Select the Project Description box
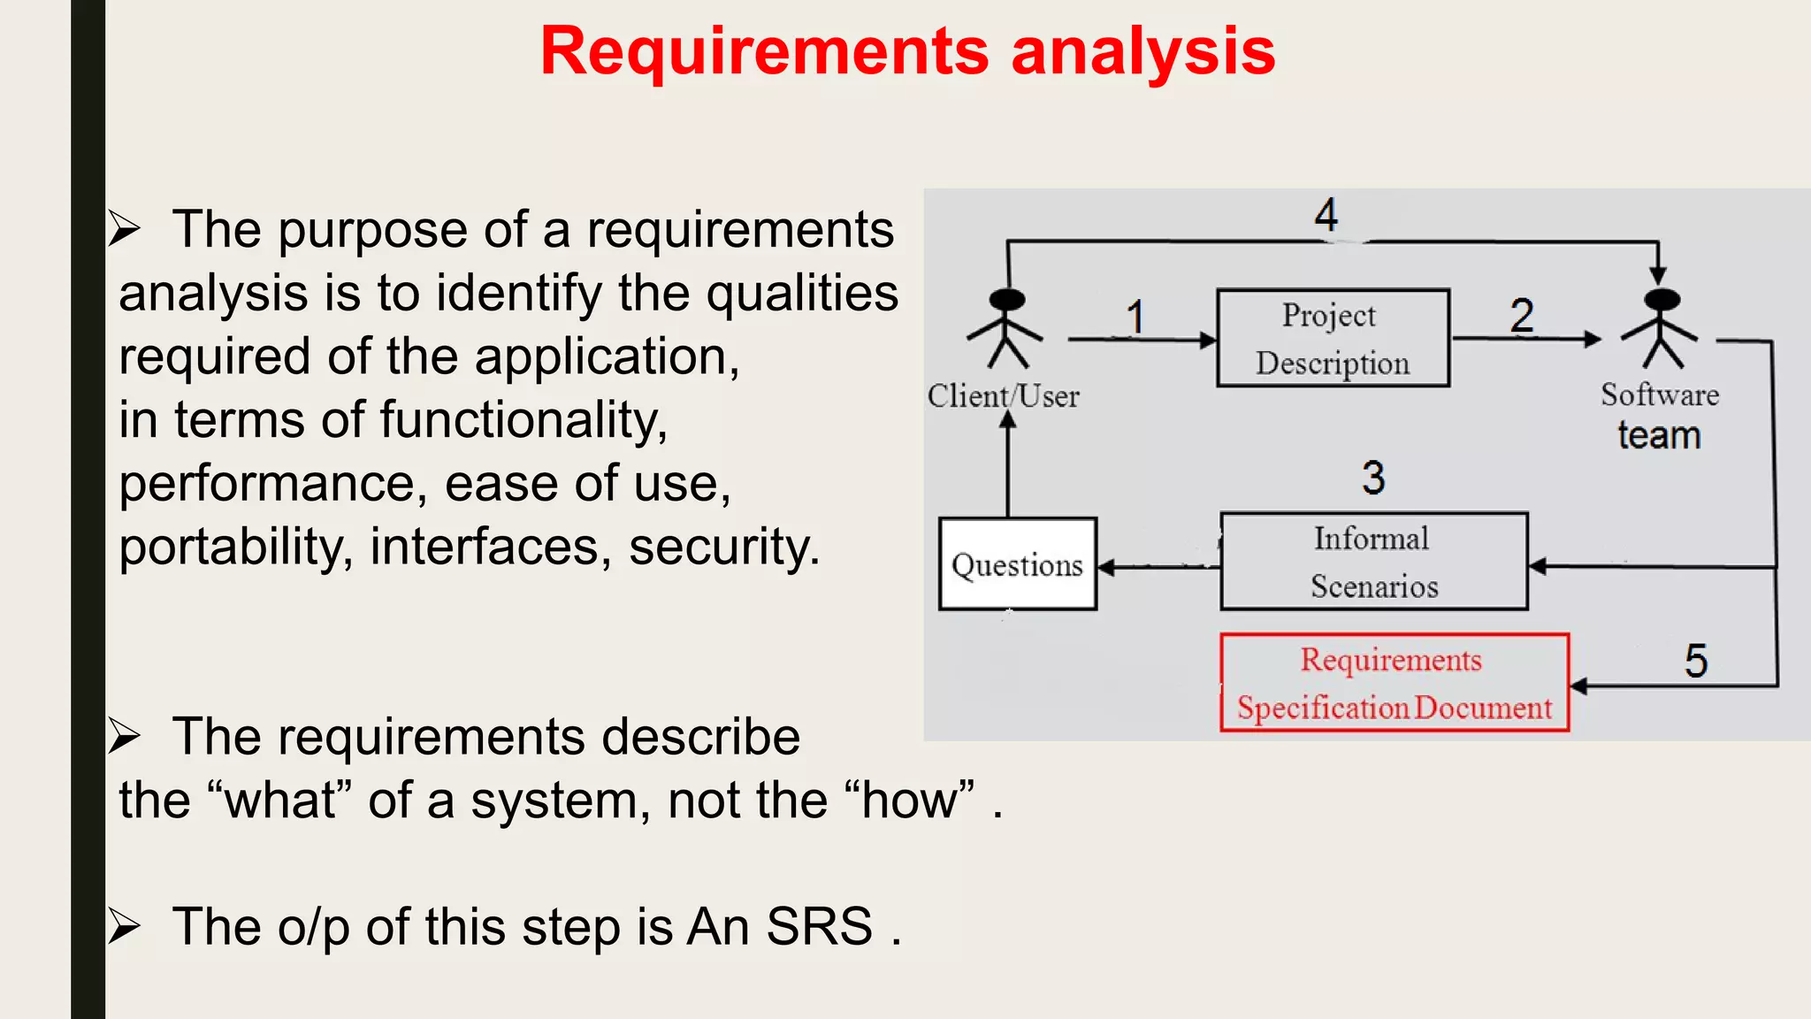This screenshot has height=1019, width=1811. [1333, 338]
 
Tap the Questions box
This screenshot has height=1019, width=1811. [1018, 564]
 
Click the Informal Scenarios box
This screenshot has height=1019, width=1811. [1373, 562]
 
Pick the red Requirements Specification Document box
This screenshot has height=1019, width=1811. [1395, 683]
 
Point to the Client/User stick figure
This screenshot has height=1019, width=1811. [1006, 327]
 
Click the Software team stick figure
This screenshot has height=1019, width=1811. [1661, 327]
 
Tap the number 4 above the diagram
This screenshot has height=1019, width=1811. [1326, 215]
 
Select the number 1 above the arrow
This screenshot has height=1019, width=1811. [1135, 317]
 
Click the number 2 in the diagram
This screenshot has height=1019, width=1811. [1521, 316]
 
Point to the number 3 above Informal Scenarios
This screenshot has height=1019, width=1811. [1373, 478]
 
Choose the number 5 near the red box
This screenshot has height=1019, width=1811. [1695, 662]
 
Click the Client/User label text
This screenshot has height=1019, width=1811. [1004, 395]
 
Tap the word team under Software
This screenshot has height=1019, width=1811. [1659, 435]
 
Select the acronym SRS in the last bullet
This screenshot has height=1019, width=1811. [819, 927]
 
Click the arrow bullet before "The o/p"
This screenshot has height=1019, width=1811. [125, 926]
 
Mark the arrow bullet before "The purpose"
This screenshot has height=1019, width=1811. [125, 229]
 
